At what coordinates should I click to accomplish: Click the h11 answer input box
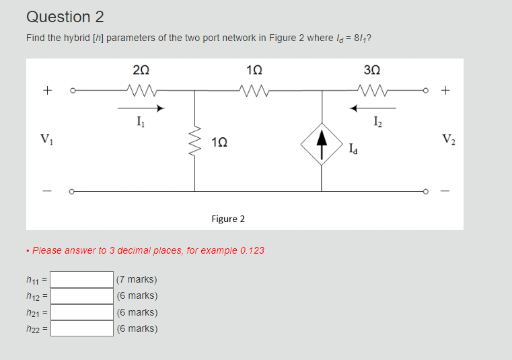pos(82,279)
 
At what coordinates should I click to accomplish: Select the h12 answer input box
pos(82,295)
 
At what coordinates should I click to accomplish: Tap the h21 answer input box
pos(82,312)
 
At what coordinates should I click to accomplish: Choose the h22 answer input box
pos(82,328)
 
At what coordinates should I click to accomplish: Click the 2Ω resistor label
pos(141,71)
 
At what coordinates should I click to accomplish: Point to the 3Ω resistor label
pos(371,71)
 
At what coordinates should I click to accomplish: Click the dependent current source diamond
pos(322,142)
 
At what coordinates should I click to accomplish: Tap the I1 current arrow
pos(141,107)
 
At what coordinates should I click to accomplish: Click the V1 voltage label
pos(46,140)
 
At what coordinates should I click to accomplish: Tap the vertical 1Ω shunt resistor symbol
pos(195,141)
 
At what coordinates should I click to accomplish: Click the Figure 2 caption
pos(228,219)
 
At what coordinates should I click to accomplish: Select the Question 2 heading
pos(65,17)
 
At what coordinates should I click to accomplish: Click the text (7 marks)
pos(137,279)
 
